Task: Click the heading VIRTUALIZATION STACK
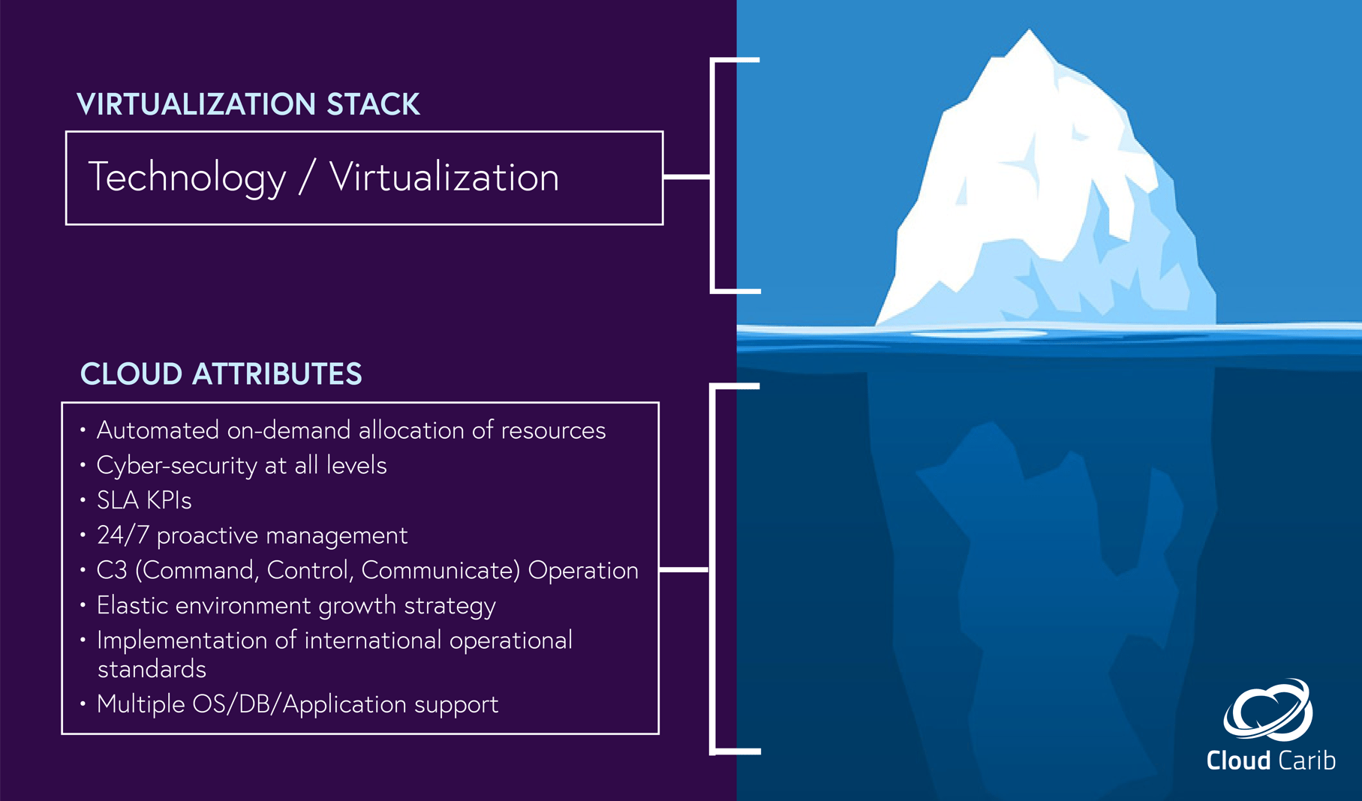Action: coord(248,104)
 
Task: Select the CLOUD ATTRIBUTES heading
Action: coord(221,373)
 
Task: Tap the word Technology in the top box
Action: coord(187,178)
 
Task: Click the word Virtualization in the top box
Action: coord(443,178)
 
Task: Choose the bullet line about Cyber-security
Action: coord(241,466)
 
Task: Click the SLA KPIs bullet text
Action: coord(144,500)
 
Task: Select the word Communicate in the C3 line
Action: coord(440,571)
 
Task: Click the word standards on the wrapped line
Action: coord(152,669)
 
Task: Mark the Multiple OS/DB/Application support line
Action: coord(297,704)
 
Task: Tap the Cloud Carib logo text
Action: coord(1270,760)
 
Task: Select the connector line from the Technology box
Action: coord(687,177)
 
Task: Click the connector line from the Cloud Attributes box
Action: coord(684,570)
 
